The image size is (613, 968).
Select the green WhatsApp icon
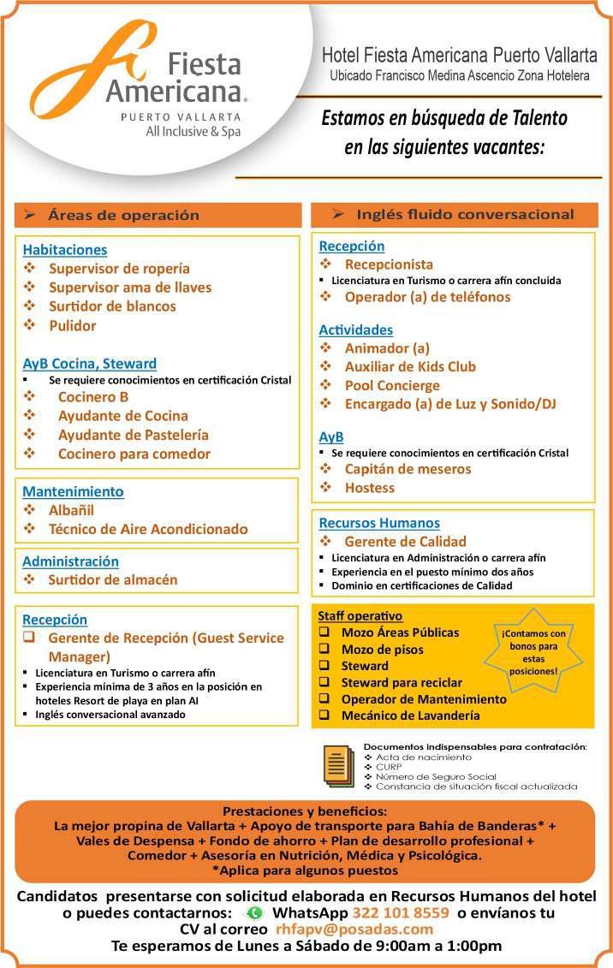coord(254,913)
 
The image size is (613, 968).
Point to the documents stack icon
coord(338,765)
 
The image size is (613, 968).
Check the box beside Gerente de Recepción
coord(29,638)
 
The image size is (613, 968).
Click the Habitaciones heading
coord(65,250)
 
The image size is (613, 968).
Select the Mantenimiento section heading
coord(73,491)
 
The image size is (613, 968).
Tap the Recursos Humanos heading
coord(379,523)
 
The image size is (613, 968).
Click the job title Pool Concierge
coord(392,385)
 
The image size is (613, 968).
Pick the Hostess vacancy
coord(370,488)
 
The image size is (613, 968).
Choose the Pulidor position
coord(73,325)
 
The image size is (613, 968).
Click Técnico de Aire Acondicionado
coord(148,529)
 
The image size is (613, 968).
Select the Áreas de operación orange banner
coord(158,216)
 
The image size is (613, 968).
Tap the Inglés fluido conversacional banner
coord(454,215)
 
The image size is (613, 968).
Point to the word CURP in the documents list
coord(389,767)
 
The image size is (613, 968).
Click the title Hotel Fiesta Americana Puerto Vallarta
coord(459,56)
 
